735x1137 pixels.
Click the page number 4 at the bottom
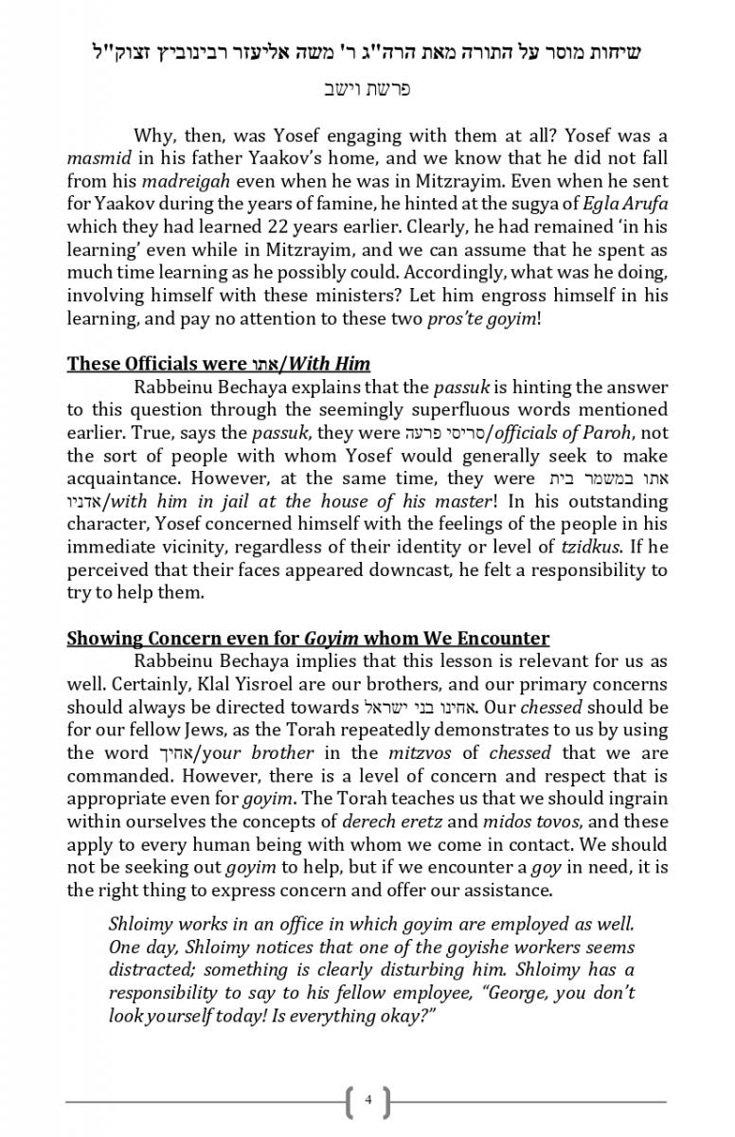point(367,1101)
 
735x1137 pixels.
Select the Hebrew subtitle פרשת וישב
point(367,90)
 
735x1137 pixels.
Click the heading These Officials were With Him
point(218,364)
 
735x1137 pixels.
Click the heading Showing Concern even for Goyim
point(308,639)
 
